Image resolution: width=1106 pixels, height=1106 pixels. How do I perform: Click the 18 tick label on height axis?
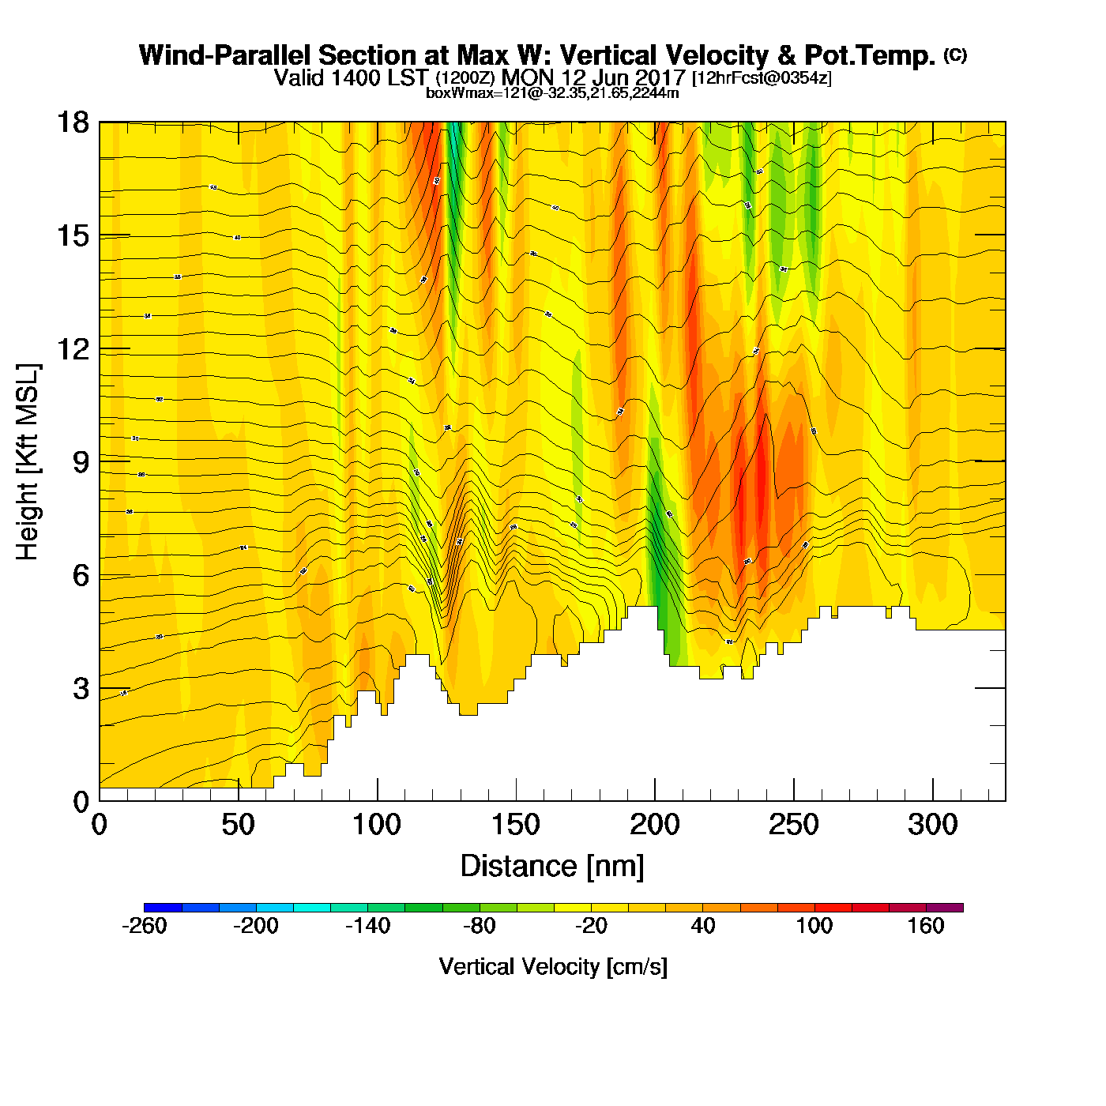point(73,123)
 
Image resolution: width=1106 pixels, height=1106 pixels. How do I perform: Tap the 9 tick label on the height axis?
point(81,462)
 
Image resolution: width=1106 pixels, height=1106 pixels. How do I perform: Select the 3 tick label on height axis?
point(81,689)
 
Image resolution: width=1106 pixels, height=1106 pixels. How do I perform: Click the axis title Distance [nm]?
point(552,867)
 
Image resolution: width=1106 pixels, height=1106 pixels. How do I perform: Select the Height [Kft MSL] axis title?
point(28,462)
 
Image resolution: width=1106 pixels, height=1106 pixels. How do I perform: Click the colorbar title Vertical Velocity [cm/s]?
point(553,966)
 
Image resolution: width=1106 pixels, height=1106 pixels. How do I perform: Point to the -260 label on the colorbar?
point(145,926)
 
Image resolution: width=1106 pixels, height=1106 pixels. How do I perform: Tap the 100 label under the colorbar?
point(814,926)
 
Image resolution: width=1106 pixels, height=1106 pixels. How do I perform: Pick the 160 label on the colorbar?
point(926,926)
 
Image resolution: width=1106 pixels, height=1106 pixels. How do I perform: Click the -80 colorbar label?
point(479,926)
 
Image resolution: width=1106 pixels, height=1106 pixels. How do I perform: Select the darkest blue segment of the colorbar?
point(163,908)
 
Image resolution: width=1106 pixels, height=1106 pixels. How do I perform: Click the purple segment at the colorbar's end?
point(945,908)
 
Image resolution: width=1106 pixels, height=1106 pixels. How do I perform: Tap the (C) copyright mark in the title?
point(955,55)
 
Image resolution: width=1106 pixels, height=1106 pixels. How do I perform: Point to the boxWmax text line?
point(552,92)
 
